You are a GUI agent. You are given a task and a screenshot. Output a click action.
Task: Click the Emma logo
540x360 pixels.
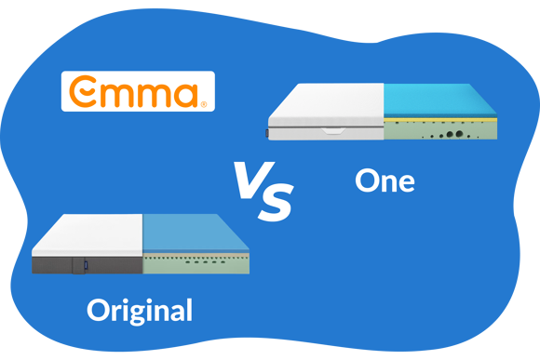pyautogui.click(x=138, y=91)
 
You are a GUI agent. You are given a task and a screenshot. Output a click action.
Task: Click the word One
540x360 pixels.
pyautogui.click(x=385, y=179)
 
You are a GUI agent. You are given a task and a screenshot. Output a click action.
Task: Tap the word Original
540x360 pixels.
pyautogui.click(x=140, y=310)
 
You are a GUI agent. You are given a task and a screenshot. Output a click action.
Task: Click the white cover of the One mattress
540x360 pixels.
pyautogui.click(x=326, y=102)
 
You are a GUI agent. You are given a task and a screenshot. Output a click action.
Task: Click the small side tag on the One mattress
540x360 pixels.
pyautogui.click(x=266, y=133)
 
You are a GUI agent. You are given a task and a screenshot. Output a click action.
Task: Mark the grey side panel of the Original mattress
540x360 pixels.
pyautogui.click(x=56, y=264)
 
